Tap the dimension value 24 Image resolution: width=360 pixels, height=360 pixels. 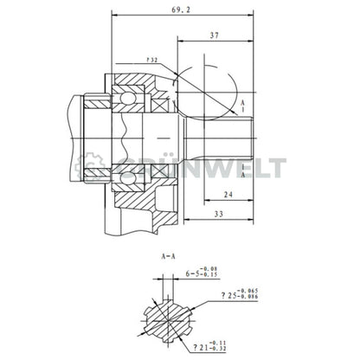(224, 196)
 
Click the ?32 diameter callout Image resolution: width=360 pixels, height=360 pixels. (151, 61)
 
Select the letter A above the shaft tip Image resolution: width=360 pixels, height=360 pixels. (243, 101)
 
